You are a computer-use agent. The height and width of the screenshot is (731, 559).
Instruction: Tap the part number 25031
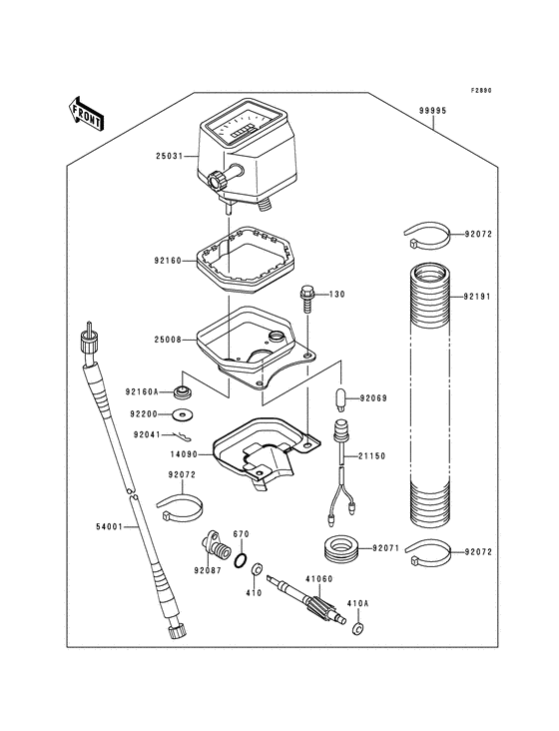point(171,157)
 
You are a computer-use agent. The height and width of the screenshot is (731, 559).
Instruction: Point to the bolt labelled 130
point(306,296)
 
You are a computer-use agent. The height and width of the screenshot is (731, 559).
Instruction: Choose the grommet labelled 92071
point(339,548)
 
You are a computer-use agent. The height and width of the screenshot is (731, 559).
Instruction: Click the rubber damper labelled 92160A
point(184,390)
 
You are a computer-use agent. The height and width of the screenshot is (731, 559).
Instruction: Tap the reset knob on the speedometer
point(217,182)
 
